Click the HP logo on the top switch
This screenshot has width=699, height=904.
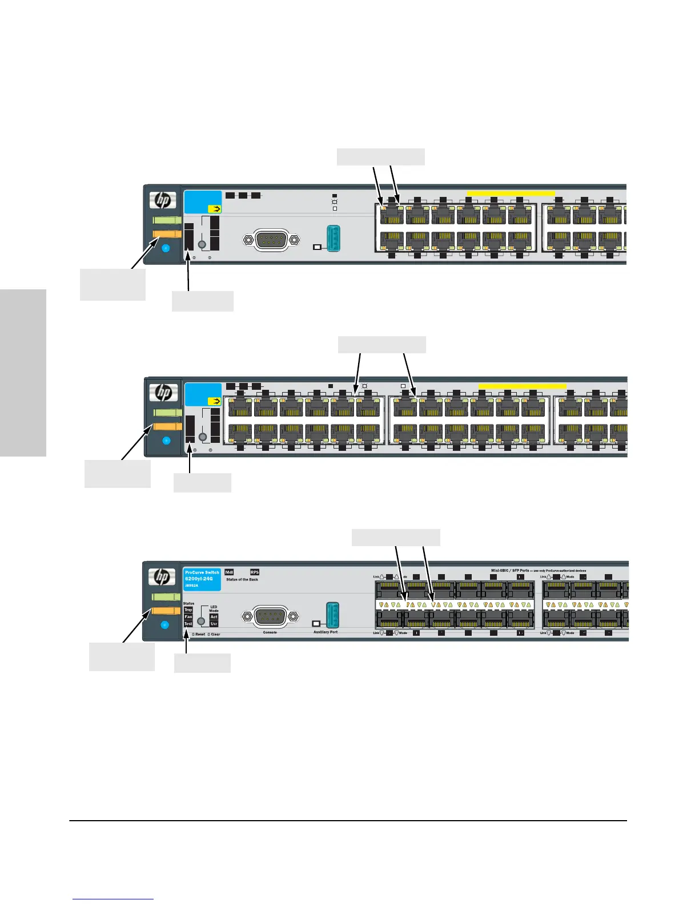coord(163,200)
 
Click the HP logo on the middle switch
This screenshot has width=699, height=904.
coord(163,392)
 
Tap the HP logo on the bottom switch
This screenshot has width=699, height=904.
coord(162,577)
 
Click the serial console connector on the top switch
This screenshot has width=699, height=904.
coord(270,240)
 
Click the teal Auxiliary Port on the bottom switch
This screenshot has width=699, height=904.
coord(332,615)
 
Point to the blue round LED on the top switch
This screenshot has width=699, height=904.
coord(166,248)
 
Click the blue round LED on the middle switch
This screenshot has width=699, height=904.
coord(167,440)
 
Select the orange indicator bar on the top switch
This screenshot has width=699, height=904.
coord(167,233)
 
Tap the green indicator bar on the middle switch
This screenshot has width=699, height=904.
coord(167,412)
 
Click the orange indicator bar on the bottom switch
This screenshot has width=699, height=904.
coord(166,611)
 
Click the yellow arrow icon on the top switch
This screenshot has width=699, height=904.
coord(214,209)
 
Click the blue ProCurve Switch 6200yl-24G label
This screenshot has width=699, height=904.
coord(202,578)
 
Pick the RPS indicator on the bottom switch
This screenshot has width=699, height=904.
coord(255,572)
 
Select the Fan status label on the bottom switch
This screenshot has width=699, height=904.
coord(188,617)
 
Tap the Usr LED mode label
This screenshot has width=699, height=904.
coord(214,624)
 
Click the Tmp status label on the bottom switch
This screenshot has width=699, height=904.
coord(188,610)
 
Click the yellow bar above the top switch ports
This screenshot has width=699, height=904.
coord(511,193)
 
